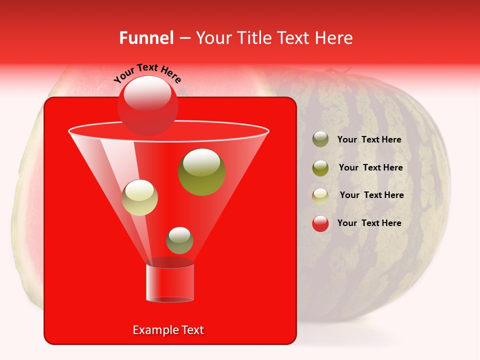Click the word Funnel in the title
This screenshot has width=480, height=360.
pos(146,38)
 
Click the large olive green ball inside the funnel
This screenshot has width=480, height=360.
pos(202,172)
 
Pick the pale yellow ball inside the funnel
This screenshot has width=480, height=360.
pos(139,197)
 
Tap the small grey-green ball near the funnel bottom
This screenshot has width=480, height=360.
pos(179,240)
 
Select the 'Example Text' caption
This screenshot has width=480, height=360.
pos(168,330)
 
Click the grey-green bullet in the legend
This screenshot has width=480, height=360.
pos(320,139)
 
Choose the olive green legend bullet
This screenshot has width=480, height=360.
pos(320,168)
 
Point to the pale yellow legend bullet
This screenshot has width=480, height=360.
pos(320,195)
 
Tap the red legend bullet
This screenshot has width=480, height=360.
pos(320,223)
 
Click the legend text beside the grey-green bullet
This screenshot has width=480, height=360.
pos(369,140)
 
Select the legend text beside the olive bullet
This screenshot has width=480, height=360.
pos(370,168)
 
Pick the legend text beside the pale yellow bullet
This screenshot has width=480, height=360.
pos(371,195)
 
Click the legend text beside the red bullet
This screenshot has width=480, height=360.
pos(369,223)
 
